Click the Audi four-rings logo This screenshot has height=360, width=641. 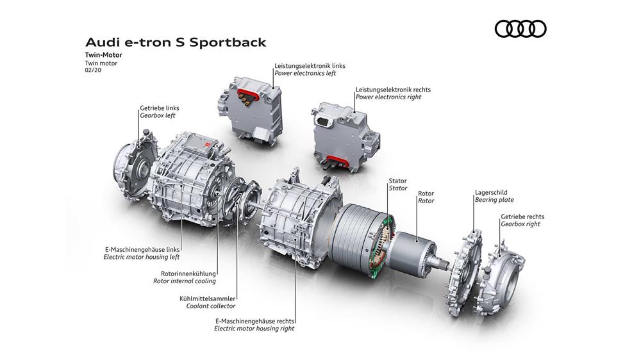click(x=520, y=29)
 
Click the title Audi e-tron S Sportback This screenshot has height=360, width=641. click(x=176, y=42)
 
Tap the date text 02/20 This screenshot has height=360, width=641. click(x=93, y=70)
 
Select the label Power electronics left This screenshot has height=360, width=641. click(x=305, y=73)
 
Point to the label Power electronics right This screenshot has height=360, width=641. click(x=388, y=97)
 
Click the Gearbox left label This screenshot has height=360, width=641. click(x=158, y=116)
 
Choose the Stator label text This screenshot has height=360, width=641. click(x=398, y=188)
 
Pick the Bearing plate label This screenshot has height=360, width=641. click(x=494, y=200)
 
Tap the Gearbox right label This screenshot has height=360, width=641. click(x=520, y=224)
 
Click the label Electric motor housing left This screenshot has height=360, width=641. click(x=142, y=257)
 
